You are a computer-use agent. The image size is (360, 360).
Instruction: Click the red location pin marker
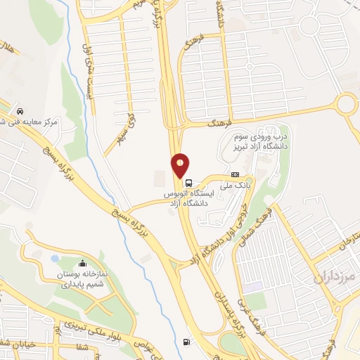click(x=181, y=165)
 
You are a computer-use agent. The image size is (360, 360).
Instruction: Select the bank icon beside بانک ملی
click(x=235, y=175)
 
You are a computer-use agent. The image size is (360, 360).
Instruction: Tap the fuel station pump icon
click(x=186, y=342)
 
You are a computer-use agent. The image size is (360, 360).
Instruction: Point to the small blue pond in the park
click(x=55, y=258)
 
